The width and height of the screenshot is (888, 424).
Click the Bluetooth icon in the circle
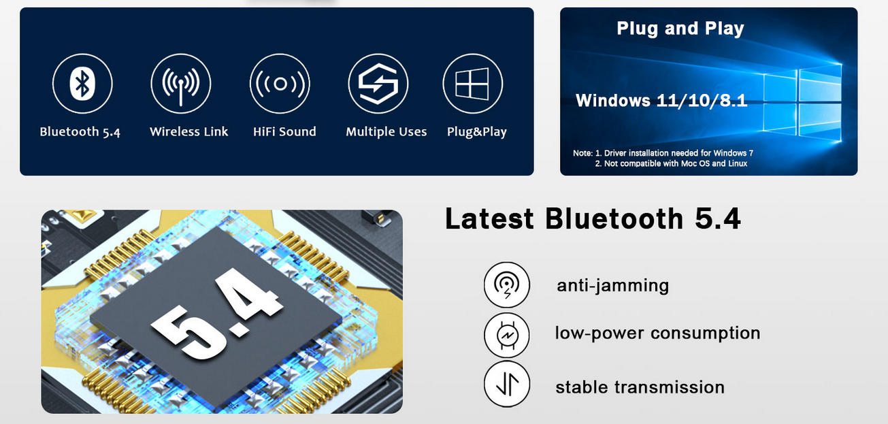[82, 84]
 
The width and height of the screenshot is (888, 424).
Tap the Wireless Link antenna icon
[181, 84]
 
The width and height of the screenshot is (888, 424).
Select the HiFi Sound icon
[280, 84]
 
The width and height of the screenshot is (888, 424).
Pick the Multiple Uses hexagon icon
[378, 84]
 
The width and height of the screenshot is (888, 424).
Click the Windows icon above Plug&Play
[472, 84]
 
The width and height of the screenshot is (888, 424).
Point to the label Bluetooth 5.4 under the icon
[80, 132]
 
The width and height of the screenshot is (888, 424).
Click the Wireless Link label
[188, 132]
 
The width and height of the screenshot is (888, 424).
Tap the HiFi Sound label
[284, 132]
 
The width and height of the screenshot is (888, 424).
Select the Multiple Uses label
[386, 132]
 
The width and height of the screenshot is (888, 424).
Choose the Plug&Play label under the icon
[476, 132]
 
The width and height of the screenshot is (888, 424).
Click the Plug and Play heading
[680, 29]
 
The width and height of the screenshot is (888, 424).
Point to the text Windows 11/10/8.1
[661, 101]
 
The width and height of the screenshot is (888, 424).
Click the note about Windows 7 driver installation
[663, 153]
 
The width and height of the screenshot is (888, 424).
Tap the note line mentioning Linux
[671, 163]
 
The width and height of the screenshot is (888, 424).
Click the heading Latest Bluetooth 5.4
[593, 219]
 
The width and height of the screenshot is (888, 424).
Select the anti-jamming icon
[506, 284]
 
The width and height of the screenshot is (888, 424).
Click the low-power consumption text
[657, 333]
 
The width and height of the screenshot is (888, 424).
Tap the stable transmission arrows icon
[506, 385]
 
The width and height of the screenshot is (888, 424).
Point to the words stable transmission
[640, 387]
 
